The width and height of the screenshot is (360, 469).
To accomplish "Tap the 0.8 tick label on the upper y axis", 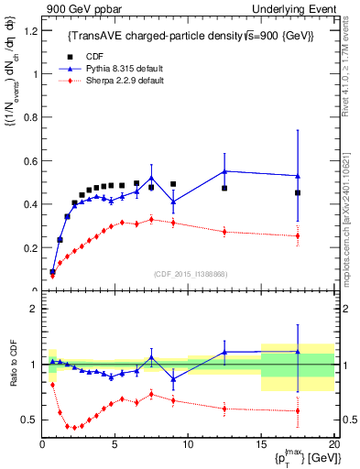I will (30, 117).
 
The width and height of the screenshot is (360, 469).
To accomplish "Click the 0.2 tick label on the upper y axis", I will (30, 247).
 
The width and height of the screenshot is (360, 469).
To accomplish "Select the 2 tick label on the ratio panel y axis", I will (34, 309).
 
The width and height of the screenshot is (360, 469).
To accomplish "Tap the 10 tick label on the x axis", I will (188, 444).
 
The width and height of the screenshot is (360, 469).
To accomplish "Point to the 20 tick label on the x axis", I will (333, 444).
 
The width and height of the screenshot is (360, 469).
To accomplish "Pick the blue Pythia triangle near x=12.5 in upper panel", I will (225, 171).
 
